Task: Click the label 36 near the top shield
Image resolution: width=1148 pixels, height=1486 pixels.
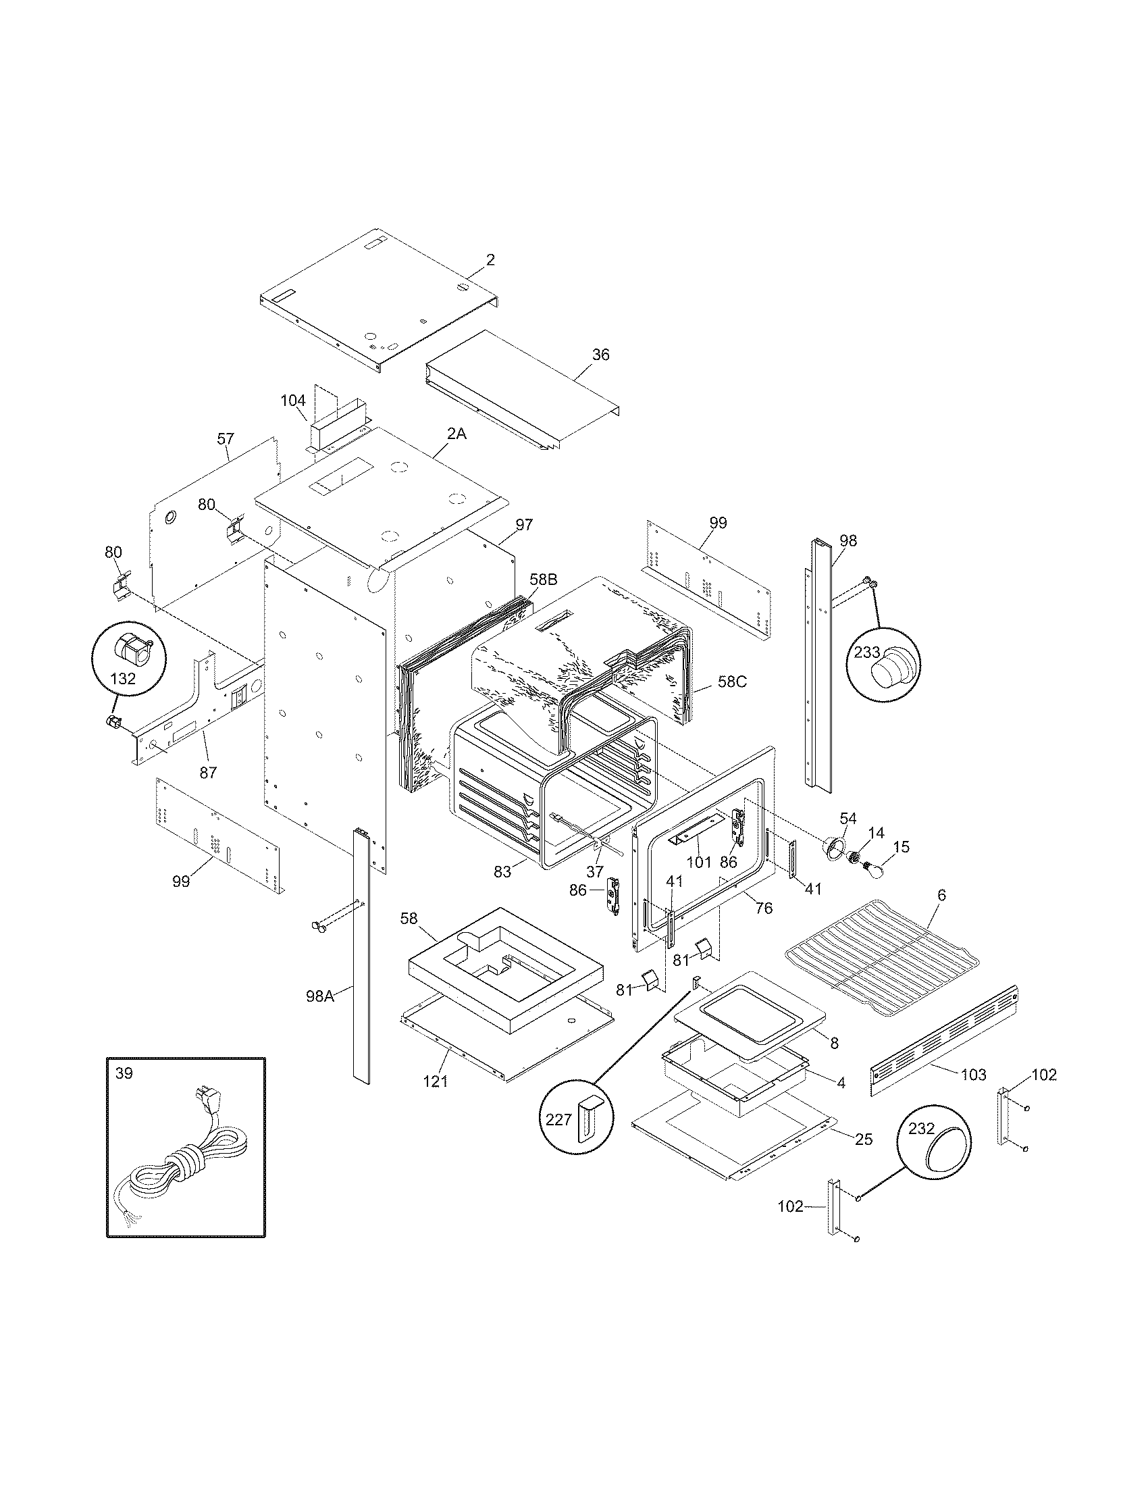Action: click(600, 355)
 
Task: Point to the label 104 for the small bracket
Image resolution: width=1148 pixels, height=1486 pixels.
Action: click(293, 400)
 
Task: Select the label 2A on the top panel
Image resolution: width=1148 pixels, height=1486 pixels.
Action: click(456, 434)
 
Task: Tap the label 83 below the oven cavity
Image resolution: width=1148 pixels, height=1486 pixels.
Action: click(502, 871)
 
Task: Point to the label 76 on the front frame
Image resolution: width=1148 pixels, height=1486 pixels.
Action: click(764, 908)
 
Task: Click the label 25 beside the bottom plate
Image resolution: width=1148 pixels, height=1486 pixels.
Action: click(863, 1139)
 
